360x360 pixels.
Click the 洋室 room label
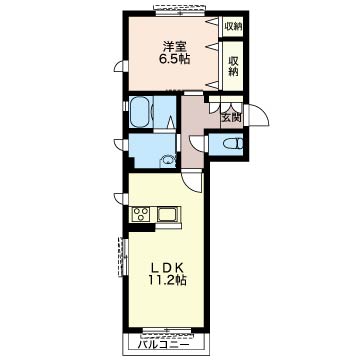pyautogui.click(x=174, y=46)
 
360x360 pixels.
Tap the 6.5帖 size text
pyautogui.click(x=174, y=59)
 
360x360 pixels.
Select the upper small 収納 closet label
pyautogui.click(x=233, y=26)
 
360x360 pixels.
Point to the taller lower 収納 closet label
pyautogui.click(x=233, y=66)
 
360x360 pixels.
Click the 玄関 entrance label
pyautogui.click(x=231, y=117)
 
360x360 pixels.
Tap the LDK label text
pyautogui.click(x=166, y=268)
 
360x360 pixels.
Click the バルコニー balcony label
pyautogui.click(x=164, y=344)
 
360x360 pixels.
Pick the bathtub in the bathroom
pyautogui.click(x=141, y=112)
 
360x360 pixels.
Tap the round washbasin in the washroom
pyautogui.click(x=168, y=161)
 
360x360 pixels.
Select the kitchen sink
pyautogui.click(x=168, y=214)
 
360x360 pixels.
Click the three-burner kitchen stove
pyautogui.click(x=141, y=214)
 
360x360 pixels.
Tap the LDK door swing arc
pyautogui.click(x=192, y=183)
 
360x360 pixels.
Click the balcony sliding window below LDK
pyautogui.click(x=167, y=330)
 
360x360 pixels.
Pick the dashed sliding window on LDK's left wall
pyautogui.click(x=123, y=257)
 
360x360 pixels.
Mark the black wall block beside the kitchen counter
pyautogui.click(x=142, y=227)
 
